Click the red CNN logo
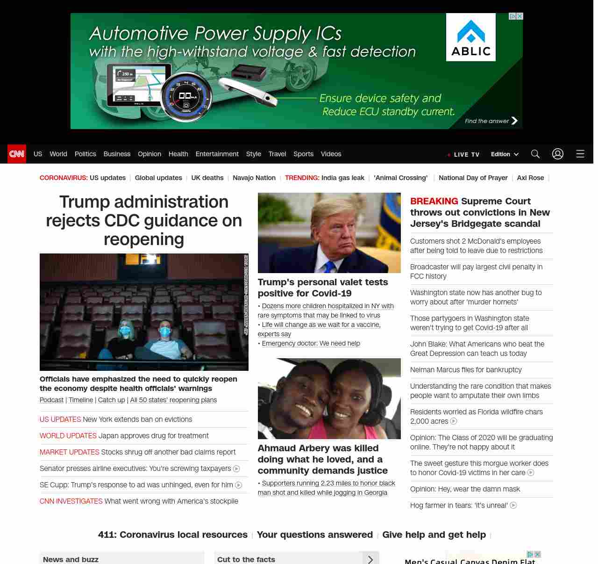(x=17, y=154)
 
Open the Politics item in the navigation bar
(x=85, y=154)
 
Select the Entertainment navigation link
(x=217, y=154)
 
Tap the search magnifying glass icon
(x=535, y=154)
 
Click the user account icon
(x=558, y=154)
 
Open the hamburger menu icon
(x=580, y=154)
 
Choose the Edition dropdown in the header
(x=505, y=154)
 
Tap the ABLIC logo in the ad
(x=470, y=37)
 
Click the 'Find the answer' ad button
(x=491, y=121)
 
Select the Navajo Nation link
(x=254, y=178)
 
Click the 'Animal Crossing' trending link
(x=400, y=178)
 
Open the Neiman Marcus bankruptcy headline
(x=466, y=370)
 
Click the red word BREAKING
(x=434, y=201)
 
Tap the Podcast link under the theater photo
(x=51, y=400)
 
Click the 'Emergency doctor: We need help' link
(x=311, y=343)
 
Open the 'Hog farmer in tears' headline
(x=459, y=506)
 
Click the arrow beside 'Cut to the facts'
(x=370, y=559)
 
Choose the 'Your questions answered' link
(x=314, y=535)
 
